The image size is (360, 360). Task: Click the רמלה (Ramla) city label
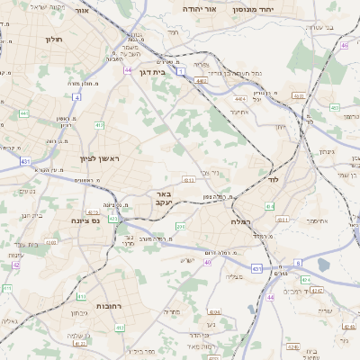pyautogui.click(x=239, y=220)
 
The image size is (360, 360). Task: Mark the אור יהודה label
pyautogui.click(x=198, y=7)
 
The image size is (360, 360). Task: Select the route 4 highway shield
pyautogui.click(x=77, y=97)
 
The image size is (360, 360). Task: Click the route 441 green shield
pyautogui.click(x=24, y=113)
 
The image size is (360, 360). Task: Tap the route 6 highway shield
pyautogui.click(x=298, y=263)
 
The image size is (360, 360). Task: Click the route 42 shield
pyautogui.click(x=17, y=265)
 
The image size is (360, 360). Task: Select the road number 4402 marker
pyautogui.click(x=201, y=81)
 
